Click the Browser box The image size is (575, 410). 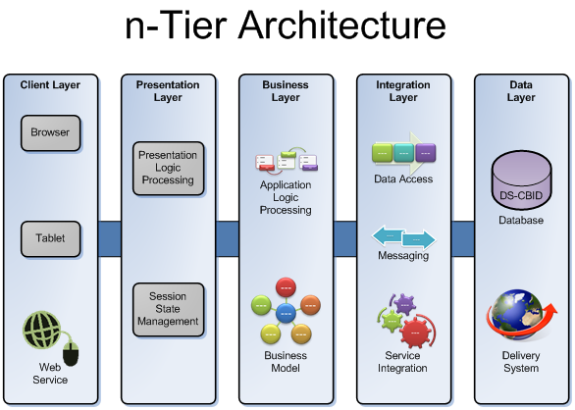(51, 132)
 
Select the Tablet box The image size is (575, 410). (51, 238)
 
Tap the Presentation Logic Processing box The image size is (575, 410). (169, 168)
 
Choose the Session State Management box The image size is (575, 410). (169, 310)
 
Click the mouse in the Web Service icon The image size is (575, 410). (71, 353)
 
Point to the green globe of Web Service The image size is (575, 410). (42, 330)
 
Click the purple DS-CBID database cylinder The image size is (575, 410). (521, 179)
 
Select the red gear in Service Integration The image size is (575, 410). (415, 333)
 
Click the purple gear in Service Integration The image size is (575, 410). (405, 304)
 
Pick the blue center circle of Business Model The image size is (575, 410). (286, 313)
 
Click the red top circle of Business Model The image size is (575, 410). (286, 287)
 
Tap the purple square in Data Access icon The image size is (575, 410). (426, 153)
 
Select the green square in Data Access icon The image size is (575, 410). (382, 153)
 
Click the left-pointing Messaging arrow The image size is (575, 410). (388, 235)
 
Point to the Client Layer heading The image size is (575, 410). (50, 84)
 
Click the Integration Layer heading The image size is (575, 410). (403, 91)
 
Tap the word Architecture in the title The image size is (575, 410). (342, 26)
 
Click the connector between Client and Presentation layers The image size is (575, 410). (110, 238)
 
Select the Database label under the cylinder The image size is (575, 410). (521, 220)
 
